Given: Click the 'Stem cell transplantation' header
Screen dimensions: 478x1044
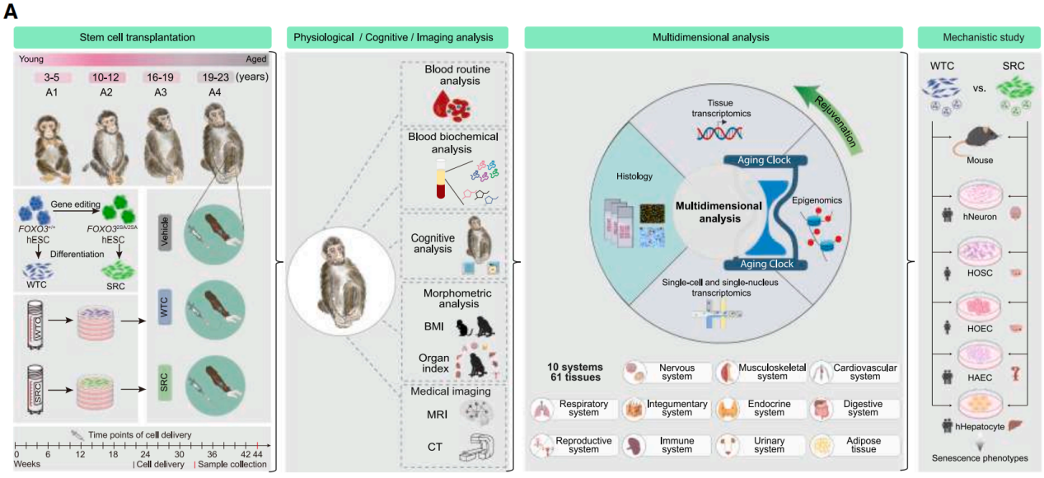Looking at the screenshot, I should click(143, 37).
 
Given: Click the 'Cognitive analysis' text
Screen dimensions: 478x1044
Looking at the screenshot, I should click(433, 242).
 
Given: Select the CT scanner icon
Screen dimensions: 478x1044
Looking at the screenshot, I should click(482, 448).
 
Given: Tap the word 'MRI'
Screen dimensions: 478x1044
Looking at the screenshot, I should click(438, 416).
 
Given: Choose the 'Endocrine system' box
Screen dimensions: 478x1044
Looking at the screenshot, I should click(760, 409).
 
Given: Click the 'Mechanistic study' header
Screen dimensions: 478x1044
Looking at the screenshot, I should click(977, 37).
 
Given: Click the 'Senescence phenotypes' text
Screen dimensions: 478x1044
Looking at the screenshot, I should click(977, 459).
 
